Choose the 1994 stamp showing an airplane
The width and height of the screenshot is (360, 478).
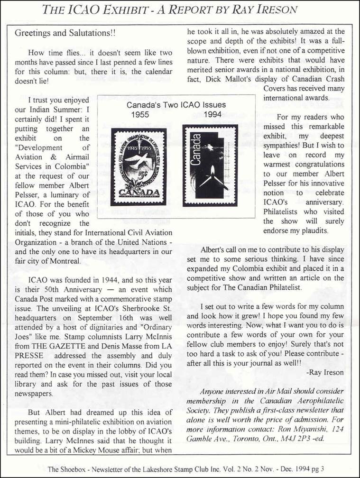(210, 165)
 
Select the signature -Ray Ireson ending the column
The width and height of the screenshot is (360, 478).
(325, 373)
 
